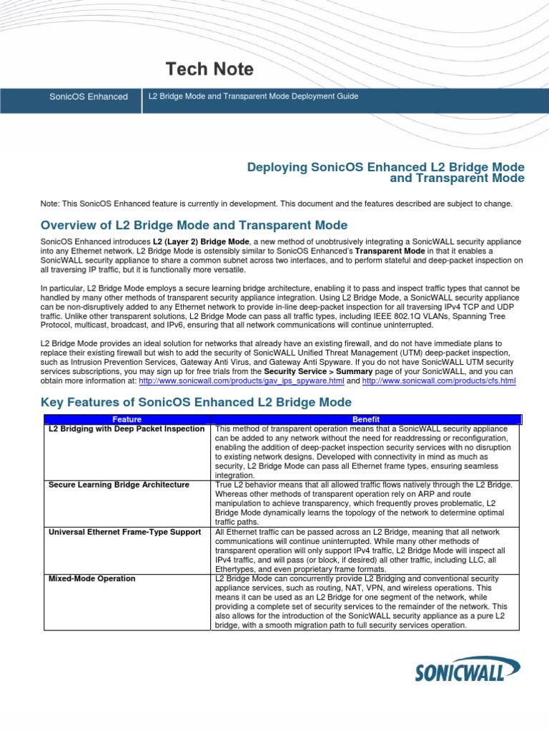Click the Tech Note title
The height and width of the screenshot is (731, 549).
click(x=209, y=69)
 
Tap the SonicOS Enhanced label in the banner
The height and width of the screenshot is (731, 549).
click(x=88, y=96)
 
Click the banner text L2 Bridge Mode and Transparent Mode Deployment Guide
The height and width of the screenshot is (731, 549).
click(x=253, y=96)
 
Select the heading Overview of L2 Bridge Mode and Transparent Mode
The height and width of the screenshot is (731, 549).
click(x=194, y=226)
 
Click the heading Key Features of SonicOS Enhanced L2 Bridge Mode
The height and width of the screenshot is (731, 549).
click(x=197, y=402)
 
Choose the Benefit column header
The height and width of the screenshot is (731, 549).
click(x=366, y=419)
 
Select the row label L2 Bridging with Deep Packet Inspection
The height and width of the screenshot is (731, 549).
click(x=127, y=429)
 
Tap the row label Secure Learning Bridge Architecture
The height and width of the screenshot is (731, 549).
click(x=119, y=485)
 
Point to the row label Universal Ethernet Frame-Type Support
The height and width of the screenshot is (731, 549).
click(x=124, y=532)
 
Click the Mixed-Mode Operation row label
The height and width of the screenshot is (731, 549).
click(x=91, y=578)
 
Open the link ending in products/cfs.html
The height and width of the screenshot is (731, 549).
click(x=439, y=381)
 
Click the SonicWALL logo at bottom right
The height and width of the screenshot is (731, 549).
click(x=469, y=671)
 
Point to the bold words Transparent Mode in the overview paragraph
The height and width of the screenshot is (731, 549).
click(x=390, y=251)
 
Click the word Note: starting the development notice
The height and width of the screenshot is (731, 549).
click(x=51, y=204)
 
